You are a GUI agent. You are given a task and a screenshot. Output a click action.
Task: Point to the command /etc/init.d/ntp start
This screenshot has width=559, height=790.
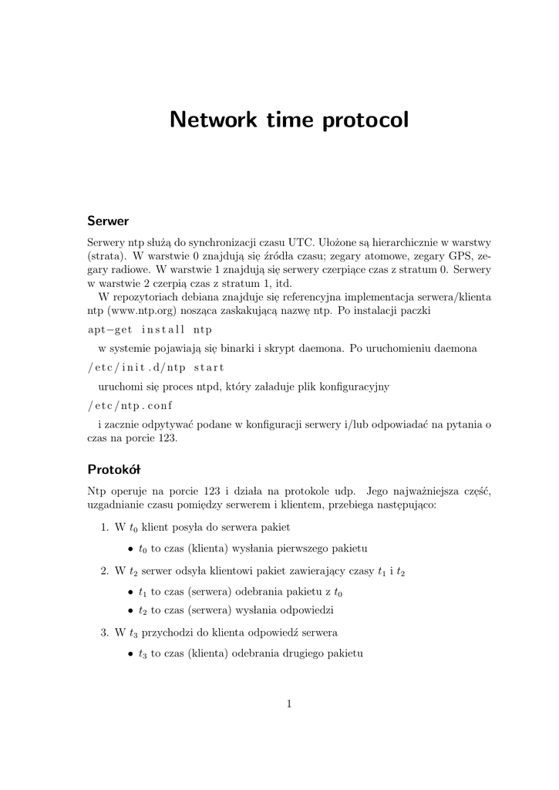(156, 367)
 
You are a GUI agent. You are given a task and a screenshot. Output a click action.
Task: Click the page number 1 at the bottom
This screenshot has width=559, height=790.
(288, 704)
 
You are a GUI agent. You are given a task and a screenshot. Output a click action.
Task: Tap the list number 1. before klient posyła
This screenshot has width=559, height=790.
(106, 528)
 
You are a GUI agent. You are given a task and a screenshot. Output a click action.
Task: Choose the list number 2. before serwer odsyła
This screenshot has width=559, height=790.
(106, 572)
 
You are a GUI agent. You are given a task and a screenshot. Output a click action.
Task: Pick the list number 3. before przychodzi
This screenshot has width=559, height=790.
(106, 633)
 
